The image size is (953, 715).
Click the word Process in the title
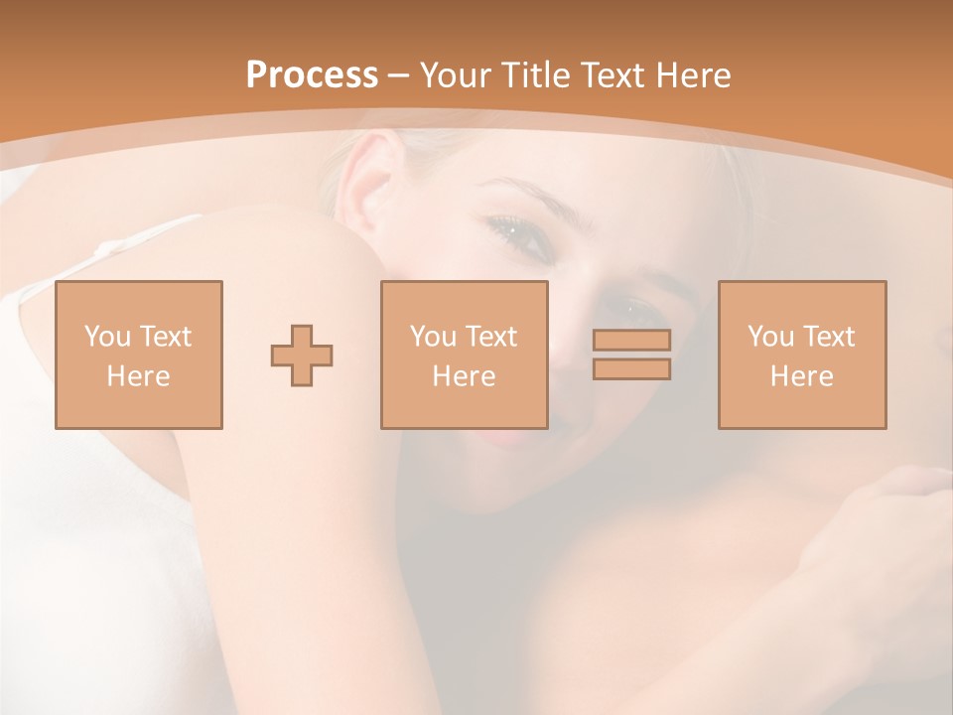(x=312, y=75)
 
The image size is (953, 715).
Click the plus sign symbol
(x=302, y=355)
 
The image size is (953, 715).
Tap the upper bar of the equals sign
(x=631, y=340)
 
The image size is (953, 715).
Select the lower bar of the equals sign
(x=631, y=369)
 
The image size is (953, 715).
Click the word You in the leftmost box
(x=107, y=337)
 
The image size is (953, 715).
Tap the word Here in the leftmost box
(x=139, y=376)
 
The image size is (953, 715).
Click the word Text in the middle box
(x=490, y=337)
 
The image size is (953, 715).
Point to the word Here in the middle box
(x=464, y=376)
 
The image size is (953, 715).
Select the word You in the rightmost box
(x=770, y=337)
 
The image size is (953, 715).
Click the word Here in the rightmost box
(x=801, y=376)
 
